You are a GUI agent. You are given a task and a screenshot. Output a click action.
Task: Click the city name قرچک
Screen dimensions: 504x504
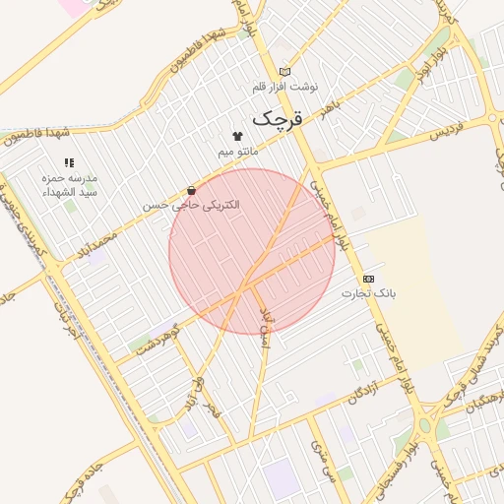(x=278, y=118)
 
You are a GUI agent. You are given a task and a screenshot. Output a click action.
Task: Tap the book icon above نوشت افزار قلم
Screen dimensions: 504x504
(x=284, y=71)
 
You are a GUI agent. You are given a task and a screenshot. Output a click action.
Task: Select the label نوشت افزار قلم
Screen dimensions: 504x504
(x=284, y=87)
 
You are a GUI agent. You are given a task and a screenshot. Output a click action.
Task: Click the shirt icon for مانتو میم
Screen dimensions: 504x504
(x=237, y=136)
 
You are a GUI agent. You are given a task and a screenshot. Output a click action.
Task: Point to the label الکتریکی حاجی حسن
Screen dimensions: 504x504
(x=191, y=206)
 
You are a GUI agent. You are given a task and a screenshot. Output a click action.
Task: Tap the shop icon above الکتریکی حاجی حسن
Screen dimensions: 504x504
(x=191, y=190)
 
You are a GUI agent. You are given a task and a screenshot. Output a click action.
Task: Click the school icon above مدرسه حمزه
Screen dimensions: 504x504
(x=69, y=162)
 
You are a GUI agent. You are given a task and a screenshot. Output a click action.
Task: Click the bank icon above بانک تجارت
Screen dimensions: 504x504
(x=368, y=279)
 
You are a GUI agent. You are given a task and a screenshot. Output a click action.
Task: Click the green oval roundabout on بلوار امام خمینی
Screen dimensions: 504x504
(x=424, y=426)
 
